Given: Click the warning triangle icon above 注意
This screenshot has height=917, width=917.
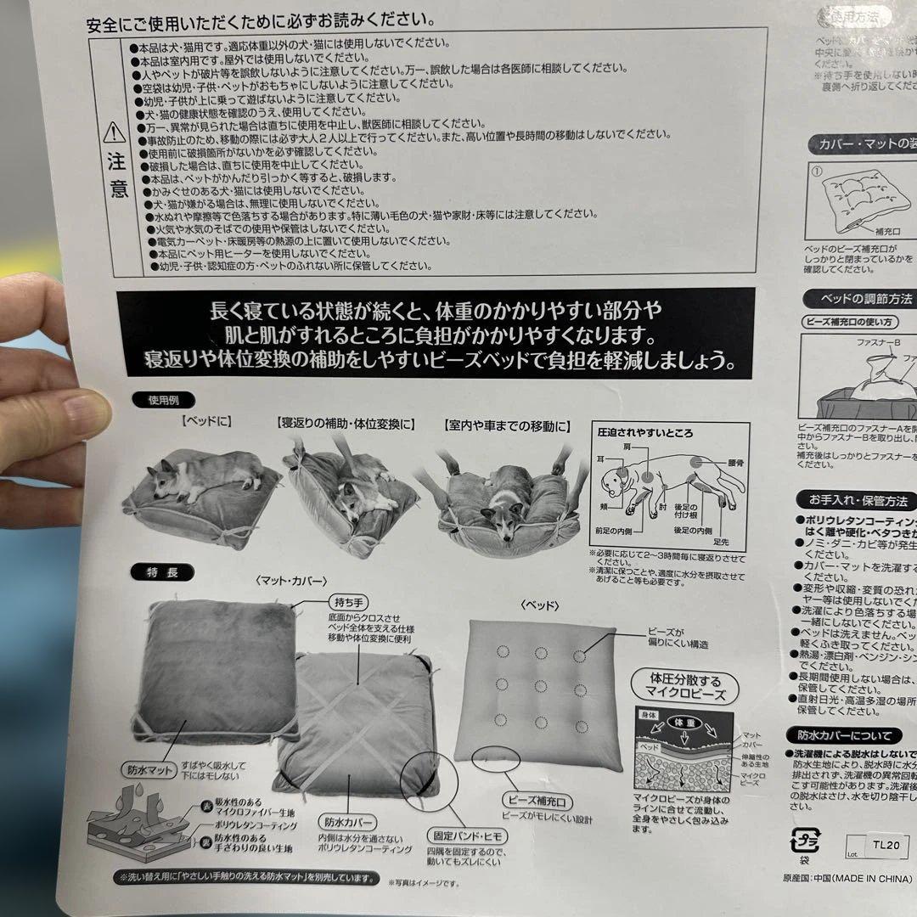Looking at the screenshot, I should (115, 132).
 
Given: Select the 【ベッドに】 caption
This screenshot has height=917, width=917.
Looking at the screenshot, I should (205, 422).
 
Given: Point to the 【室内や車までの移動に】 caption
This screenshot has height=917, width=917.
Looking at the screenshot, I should (508, 425).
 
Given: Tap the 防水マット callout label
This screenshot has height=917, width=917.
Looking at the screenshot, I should (149, 770).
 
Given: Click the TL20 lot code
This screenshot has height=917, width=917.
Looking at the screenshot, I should (889, 846).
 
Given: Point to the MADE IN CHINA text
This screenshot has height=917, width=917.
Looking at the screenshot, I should (874, 876).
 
